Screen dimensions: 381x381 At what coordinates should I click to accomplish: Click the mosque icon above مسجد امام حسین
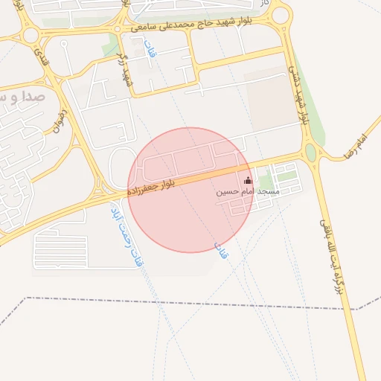coord(248,179)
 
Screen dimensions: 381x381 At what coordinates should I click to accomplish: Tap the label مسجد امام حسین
coord(248,191)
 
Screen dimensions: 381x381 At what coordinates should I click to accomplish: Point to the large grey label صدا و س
coord(23,97)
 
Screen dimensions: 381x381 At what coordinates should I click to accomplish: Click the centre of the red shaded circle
coord(190,190)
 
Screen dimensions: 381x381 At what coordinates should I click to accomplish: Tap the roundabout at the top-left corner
coord(31,35)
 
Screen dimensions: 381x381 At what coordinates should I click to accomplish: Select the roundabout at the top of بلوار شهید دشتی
coord(281,16)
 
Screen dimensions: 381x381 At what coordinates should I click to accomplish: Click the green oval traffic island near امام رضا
coord(310,154)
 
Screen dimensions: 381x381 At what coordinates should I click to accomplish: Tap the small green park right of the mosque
coord(286,176)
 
